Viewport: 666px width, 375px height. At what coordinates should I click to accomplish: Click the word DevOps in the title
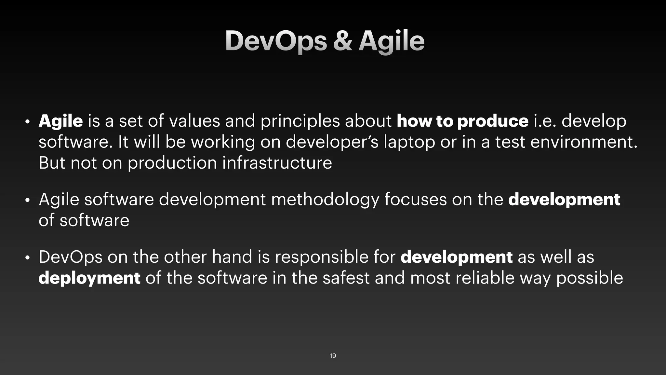click(x=276, y=41)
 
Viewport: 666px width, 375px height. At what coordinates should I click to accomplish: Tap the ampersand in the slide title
click(x=342, y=41)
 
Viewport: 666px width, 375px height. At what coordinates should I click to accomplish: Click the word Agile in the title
click(x=391, y=41)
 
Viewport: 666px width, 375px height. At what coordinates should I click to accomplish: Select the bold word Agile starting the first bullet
click(x=61, y=121)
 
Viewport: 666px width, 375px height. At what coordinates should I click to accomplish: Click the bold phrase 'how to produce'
click(x=462, y=121)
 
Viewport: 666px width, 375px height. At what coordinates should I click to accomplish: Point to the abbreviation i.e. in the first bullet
click(x=545, y=121)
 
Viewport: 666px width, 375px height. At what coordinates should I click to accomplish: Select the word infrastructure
click(x=277, y=163)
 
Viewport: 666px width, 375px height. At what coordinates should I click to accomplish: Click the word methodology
click(x=325, y=200)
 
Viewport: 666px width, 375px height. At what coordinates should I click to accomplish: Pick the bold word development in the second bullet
click(x=564, y=200)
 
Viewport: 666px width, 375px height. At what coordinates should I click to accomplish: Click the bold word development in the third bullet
click(x=457, y=257)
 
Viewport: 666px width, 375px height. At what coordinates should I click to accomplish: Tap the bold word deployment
click(x=89, y=278)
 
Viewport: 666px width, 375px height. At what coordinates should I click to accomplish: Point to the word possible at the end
click(x=589, y=278)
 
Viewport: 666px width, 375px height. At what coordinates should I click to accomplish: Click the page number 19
click(x=333, y=356)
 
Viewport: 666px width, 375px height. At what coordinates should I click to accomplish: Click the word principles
click(x=300, y=121)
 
